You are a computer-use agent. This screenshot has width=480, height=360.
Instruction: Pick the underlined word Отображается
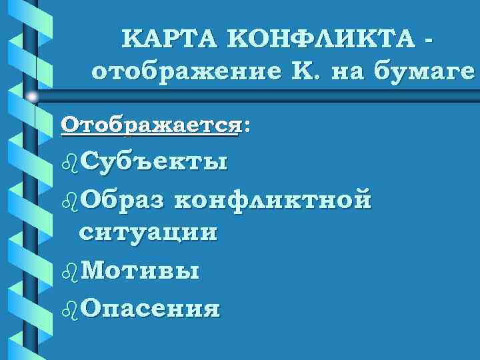pyautogui.click(x=149, y=126)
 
